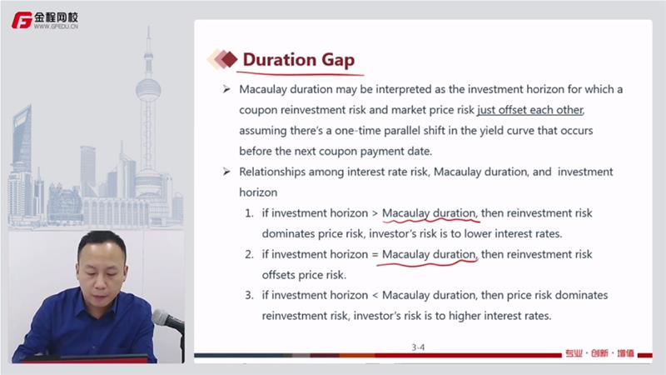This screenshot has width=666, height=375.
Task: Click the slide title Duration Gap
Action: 299,59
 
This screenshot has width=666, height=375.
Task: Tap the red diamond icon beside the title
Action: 230,59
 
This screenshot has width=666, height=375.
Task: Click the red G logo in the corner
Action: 22,20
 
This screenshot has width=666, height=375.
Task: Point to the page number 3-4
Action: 418,347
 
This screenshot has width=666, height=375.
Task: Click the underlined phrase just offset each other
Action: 530,110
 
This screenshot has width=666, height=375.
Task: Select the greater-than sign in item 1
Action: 375,213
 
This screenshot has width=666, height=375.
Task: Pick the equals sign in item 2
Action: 375,255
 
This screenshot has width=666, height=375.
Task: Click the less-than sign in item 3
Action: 375,296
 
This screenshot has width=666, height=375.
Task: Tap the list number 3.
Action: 249,295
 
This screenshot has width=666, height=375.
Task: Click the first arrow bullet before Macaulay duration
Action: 226,89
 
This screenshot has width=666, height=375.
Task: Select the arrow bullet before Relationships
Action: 226,172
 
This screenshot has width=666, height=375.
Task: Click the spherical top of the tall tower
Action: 148,89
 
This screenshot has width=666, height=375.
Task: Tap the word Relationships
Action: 272,172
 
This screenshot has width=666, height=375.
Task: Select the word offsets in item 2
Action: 279,275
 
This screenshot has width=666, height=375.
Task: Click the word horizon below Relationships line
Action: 258,192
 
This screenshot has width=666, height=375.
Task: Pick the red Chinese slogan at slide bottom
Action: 599,352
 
